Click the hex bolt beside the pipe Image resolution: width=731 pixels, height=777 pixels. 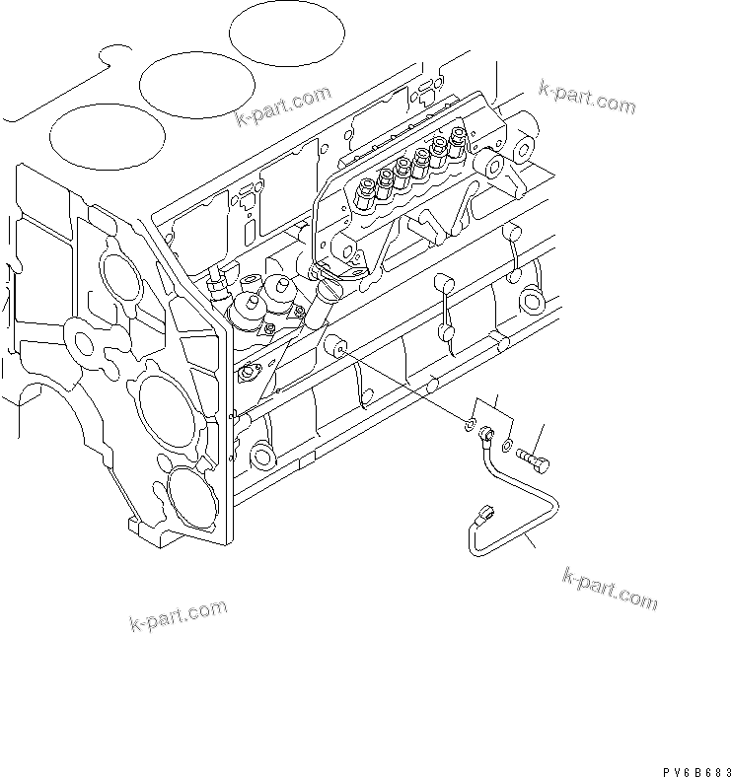click(x=534, y=459)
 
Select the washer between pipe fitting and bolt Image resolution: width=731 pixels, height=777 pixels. click(x=506, y=446)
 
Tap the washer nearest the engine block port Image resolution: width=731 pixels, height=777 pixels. click(x=466, y=425)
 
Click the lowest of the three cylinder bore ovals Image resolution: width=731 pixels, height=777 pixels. click(x=105, y=135)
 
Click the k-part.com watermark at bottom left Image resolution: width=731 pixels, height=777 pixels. click(x=178, y=615)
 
